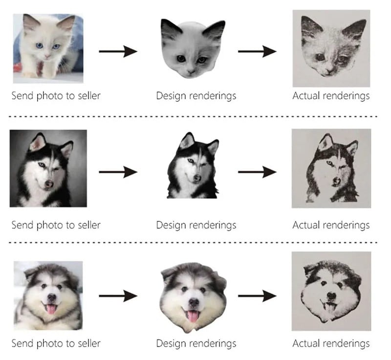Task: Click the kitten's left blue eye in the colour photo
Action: [40, 46]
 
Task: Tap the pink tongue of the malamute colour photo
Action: [51, 309]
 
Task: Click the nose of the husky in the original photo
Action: [49, 184]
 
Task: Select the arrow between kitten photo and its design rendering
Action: [118, 52]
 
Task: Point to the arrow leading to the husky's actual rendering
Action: [257, 172]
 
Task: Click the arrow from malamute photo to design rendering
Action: [118, 296]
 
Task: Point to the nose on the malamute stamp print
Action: [331, 296]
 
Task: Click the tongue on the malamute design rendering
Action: [192, 316]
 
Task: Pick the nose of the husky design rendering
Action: [197, 178]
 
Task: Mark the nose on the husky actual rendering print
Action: [336, 181]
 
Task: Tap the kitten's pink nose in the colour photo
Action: [47, 57]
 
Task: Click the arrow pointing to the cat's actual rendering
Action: [257, 52]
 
